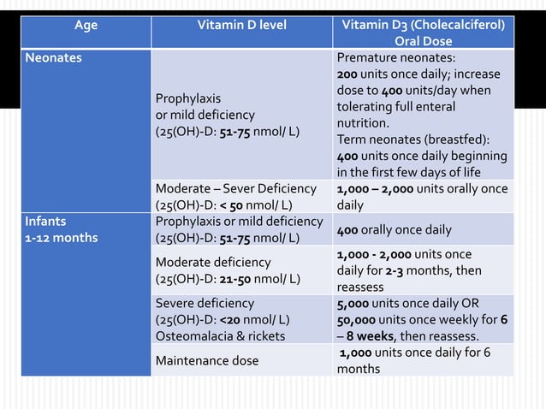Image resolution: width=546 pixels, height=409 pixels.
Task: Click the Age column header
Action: (x=86, y=25)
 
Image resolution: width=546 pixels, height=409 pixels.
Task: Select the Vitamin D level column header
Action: (x=240, y=25)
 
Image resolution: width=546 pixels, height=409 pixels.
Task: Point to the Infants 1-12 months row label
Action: (x=61, y=228)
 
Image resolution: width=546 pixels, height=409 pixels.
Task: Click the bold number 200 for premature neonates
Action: (x=347, y=74)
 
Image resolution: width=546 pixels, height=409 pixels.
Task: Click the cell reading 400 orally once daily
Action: (x=394, y=229)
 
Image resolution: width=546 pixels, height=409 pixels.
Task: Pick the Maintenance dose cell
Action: (x=206, y=361)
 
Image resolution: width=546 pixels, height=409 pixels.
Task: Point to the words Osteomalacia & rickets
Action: (x=219, y=336)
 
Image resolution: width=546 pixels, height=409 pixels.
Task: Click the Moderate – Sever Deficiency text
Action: (x=235, y=188)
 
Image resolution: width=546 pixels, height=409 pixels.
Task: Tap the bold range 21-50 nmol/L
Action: (x=237, y=278)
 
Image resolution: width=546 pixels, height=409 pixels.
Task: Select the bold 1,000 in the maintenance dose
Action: (x=359, y=353)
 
